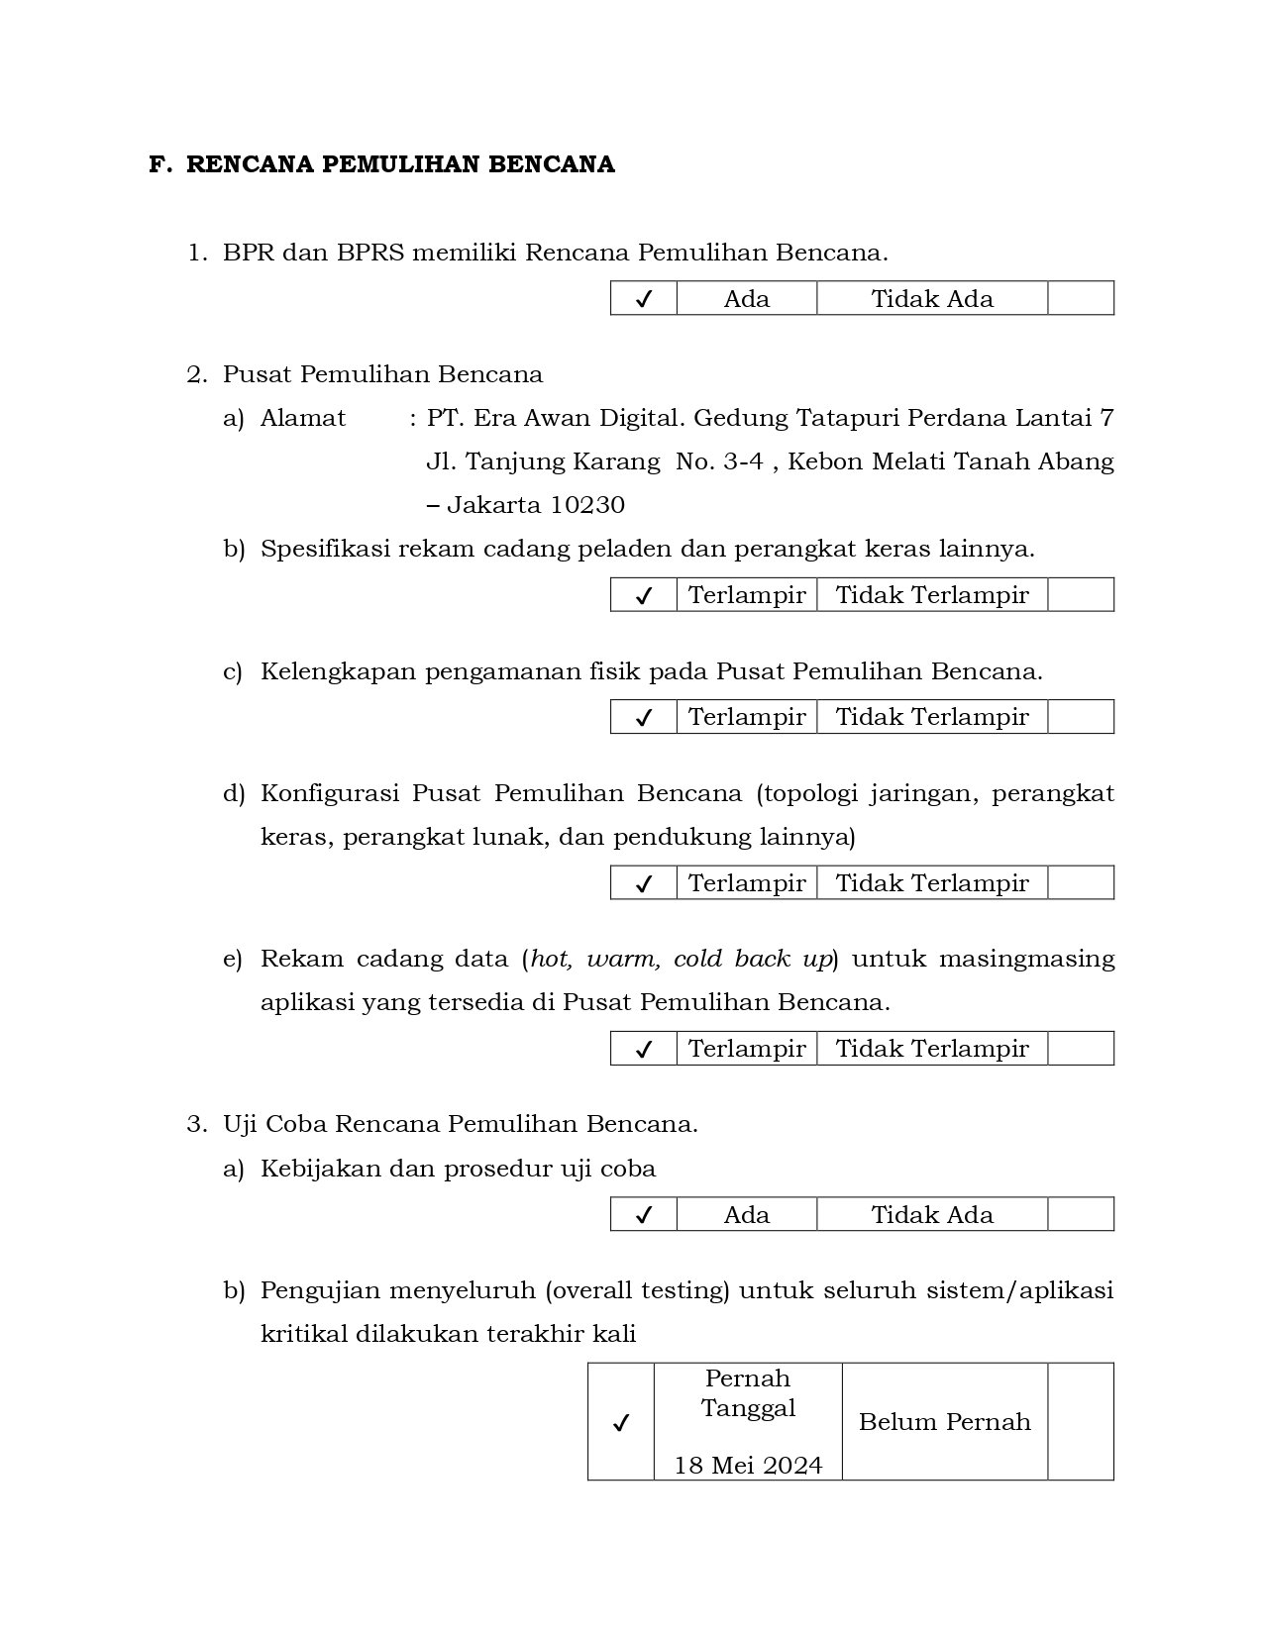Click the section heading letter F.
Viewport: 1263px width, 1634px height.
(x=157, y=164)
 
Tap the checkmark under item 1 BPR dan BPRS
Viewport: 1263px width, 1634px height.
(x=644, y=299)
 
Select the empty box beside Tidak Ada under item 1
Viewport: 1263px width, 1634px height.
(x=1080, y=298)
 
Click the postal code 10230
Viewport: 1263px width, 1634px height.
(x=587, y=505)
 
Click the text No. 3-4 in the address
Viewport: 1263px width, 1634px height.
(x=719, y=461)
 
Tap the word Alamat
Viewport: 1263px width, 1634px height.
(x=303, y=418)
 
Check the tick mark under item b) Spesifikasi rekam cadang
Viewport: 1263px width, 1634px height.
(x=644, y=595)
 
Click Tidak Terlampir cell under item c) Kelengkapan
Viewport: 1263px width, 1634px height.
(x=932, y=717)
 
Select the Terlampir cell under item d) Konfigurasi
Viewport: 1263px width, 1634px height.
(x=747, y=882)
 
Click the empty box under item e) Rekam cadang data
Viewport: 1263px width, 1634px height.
(x=1080, y=1048)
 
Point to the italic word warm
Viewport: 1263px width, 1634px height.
(x=623, y=959)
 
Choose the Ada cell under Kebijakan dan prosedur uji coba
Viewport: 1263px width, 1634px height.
(x=747, y=1214)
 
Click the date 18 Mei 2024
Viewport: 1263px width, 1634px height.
(x=748, y=1466)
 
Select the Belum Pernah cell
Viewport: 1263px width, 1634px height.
(x=944, y=1422)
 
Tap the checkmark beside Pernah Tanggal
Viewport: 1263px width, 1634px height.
(x=621, y=1423)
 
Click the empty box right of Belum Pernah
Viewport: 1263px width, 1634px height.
(x=1080, y=1422)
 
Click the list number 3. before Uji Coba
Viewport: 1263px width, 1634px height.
(x=196, y=1125)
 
